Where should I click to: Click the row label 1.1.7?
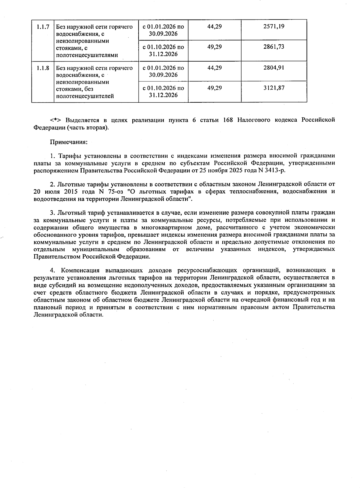point(43,27)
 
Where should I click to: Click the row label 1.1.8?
point(43,68)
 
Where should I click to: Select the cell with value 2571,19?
point(274,26)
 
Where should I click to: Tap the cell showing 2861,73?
point(274,47)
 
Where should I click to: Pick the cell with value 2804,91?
point(274,68)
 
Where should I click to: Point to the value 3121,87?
point(274,88)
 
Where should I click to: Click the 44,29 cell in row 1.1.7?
point(214,26)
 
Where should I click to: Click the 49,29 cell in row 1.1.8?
point(214,88)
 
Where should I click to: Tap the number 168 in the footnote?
point(228,120)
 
